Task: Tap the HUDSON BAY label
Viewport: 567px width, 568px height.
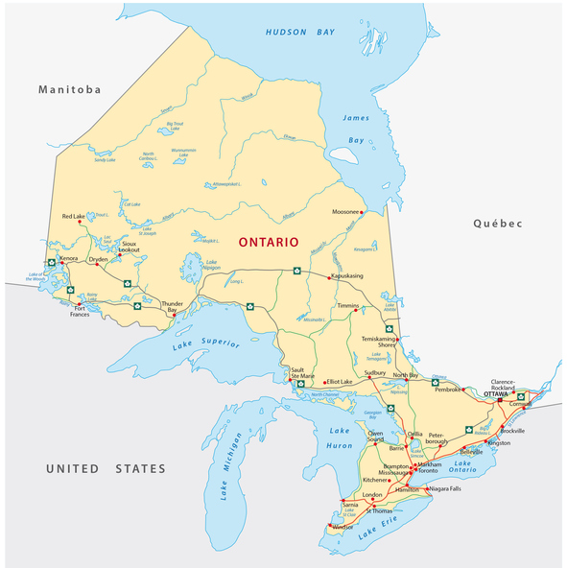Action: (x=299, y=33)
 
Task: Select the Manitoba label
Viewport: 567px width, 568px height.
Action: (x=69, y=89)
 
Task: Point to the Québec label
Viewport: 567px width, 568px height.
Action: (x=497, y=224)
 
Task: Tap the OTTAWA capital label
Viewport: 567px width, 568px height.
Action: (x=496, y=394)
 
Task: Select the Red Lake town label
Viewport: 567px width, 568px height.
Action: (x=74, y=217)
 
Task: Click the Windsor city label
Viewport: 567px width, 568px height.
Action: (x=343, y=527)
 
